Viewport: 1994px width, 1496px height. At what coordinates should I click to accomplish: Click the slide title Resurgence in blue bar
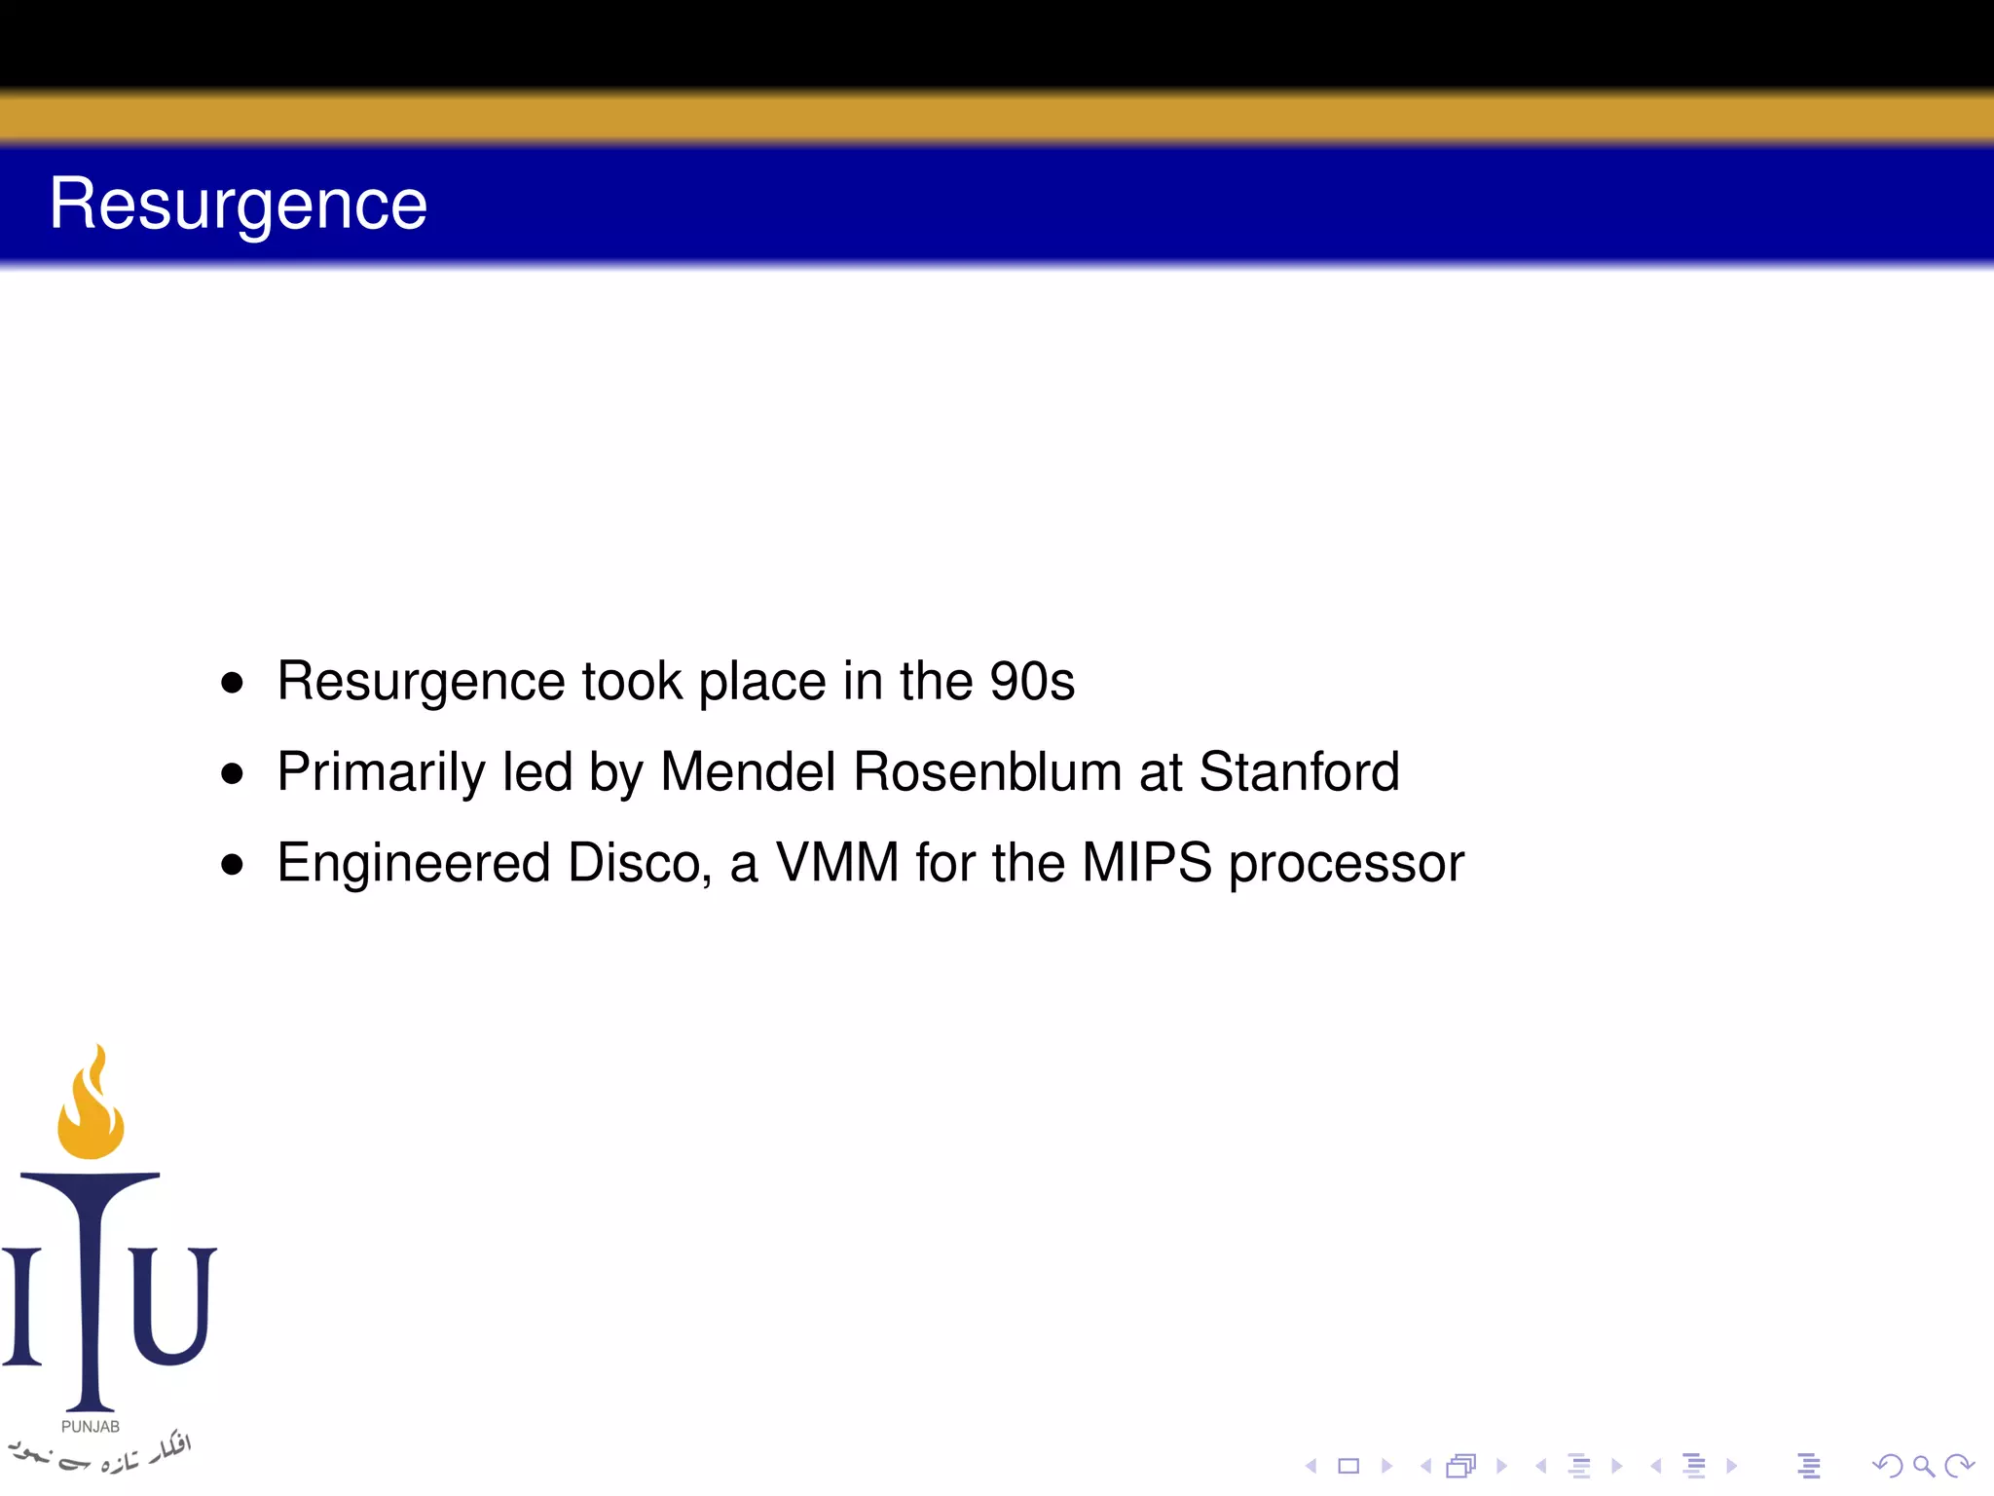pyautogui.click(x=239, y=205)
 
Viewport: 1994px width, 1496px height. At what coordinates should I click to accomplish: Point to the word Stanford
pyautogui.click(x=1299, y=771)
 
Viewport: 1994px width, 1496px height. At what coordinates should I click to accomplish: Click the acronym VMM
pyautogui.click(x=836, y=863)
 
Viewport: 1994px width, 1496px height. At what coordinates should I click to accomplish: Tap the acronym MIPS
pyautogui.click(x=1146, y=863)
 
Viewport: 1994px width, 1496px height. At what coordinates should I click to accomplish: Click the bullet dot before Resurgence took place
pyautogui.click(x=232, y=683)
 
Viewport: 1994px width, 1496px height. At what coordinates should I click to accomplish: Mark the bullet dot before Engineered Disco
pyautogui.click(x=232, y=864)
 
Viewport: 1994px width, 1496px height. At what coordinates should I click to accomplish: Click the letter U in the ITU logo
pyautogui.click(x=171, y=1305)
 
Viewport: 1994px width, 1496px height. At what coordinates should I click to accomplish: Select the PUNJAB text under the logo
pyautogui.click(x=91, y=1426)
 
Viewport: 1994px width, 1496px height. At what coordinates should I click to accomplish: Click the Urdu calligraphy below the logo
pyautogui.click(x=102, y=1453)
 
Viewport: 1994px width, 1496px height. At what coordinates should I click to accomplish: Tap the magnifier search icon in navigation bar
pyautogui.click(x=1923, y=1466)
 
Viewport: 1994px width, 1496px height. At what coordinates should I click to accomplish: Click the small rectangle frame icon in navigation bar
pyautogui.click(x=1348, y=1466)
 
